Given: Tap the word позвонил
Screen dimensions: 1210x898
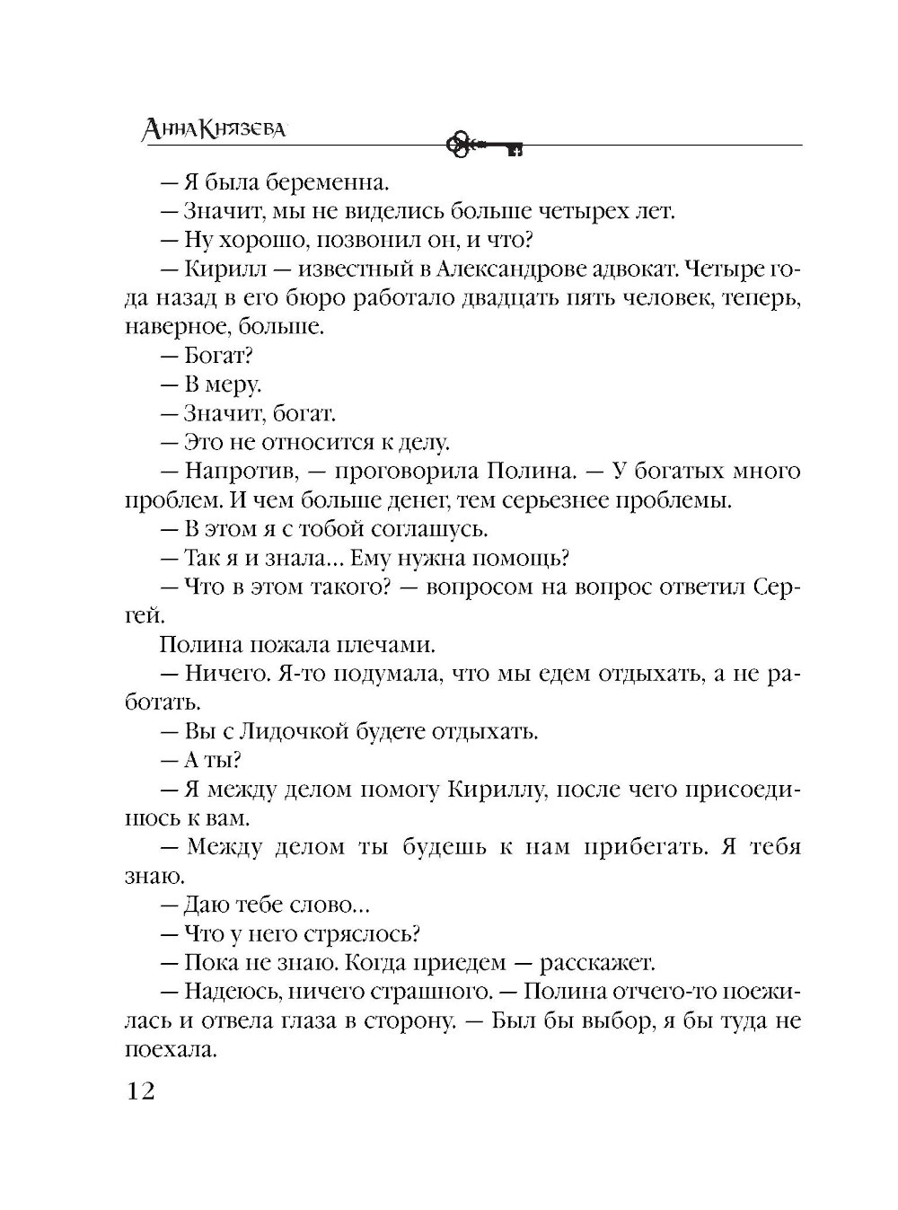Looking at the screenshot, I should point(334,241).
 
